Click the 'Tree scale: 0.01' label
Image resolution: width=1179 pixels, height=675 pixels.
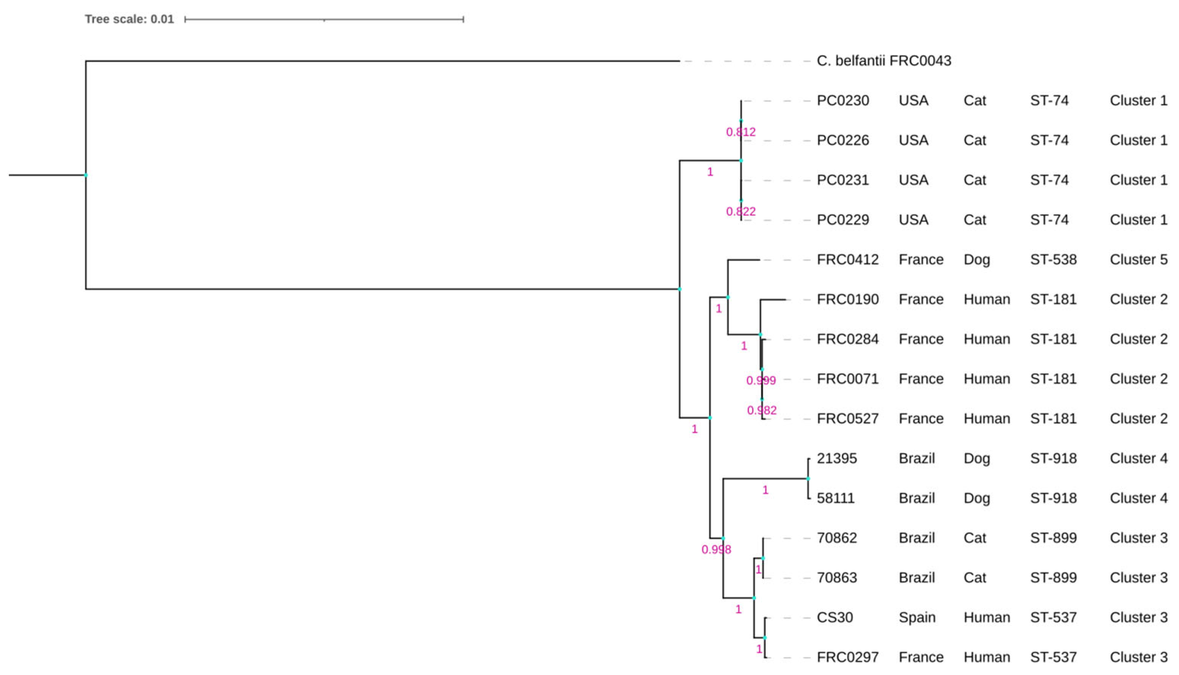[129, 19]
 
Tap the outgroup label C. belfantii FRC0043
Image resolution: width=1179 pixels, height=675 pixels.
[883, 61]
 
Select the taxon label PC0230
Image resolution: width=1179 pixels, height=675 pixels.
[843, 101]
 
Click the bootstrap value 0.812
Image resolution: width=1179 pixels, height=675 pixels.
[741, 132]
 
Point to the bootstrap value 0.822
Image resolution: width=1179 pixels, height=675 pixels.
[741, 212]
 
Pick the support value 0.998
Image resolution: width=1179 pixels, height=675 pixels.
[716, 550]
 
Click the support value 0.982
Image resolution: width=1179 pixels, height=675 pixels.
[762, 410]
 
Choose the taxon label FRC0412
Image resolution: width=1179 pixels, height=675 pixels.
[847, 260]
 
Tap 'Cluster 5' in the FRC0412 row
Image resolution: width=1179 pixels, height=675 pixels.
[1138, 260]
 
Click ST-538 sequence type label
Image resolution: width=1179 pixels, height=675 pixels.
[1053, 260]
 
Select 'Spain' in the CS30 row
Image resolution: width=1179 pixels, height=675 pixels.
[917, 618]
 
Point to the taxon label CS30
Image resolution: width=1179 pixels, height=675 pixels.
[834, 618]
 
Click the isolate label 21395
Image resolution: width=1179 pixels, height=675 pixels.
[836, 459]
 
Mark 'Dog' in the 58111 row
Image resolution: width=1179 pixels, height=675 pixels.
[976, 499]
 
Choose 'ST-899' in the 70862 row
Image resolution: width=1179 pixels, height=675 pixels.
[1053, 538]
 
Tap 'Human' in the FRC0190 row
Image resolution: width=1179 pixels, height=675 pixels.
[986, 300]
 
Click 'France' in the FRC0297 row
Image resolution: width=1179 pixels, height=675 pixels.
[921, 658]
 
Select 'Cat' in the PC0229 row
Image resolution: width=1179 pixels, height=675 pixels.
[974, 220]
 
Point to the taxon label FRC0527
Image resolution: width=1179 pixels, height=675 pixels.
[847, 419]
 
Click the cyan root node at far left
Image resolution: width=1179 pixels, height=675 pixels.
[86, 175]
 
